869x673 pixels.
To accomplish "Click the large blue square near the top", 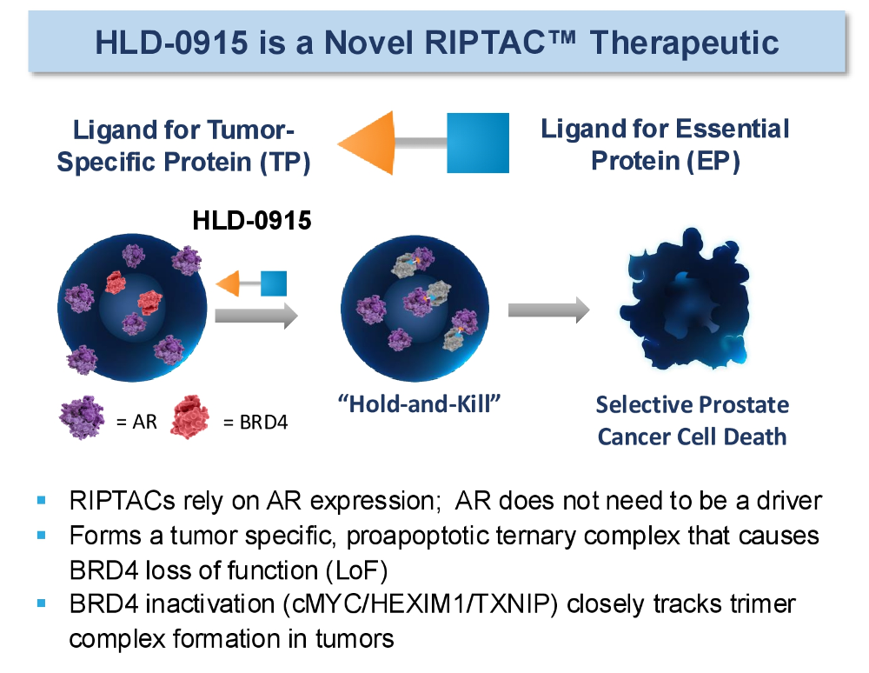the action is click(478, 143).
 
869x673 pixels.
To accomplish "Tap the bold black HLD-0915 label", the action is click(252, 221).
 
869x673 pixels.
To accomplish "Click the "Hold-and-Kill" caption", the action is click(420, 404).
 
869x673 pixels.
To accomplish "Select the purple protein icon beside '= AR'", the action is click(82, 416).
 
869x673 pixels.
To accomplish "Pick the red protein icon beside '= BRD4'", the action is click(190, 416).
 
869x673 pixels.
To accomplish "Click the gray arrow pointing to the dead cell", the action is click(548, 310).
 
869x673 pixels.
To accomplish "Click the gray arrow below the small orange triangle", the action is click(256, 316).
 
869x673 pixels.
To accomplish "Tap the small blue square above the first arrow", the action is click(273, 283).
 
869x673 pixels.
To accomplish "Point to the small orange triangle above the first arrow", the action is click(230, 283).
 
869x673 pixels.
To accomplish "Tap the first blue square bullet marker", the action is click(42, 501).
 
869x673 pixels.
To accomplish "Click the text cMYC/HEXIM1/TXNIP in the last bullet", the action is click(420, 603).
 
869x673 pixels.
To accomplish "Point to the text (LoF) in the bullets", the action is click(361, 570).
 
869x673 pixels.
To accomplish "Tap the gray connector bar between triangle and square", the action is click(421, 143).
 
